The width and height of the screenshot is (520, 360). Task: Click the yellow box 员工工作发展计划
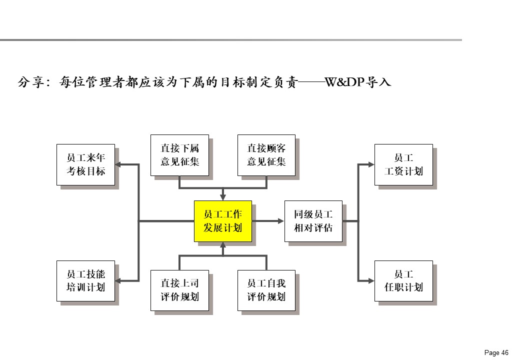coord(223,221)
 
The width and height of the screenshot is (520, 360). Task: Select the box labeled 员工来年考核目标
coord(85,165)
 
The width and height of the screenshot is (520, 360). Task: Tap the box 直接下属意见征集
coord(179,155)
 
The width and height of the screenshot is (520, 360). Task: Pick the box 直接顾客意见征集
coord(266,155)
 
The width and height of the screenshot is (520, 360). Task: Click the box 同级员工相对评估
coord(313,221)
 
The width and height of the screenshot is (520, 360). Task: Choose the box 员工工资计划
coord(403,165)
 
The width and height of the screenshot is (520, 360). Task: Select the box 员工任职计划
coord(403,281)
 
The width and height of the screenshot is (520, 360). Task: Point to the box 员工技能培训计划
coord(85,281)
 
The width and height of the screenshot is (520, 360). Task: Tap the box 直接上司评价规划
coord(179,290)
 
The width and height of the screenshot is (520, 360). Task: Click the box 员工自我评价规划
coord(266,290)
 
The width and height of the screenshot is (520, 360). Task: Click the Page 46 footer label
coord(496,352)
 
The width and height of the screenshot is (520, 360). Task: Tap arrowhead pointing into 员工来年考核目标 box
coord(119,164)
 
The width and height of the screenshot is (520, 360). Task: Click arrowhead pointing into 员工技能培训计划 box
coord(119,281)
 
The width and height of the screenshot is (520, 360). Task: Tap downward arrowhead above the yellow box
coord(223,196)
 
